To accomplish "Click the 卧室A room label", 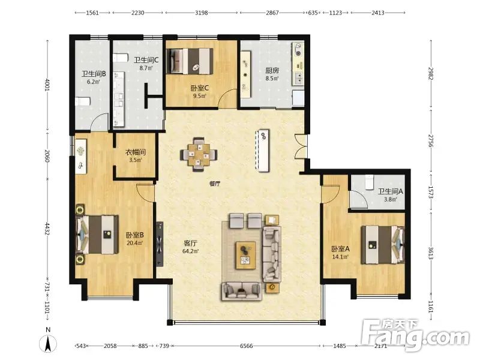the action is coord(340,249).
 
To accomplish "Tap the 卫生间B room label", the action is coord(94,74).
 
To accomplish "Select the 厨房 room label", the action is coord(272,70).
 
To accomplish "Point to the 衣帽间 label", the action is coord(136,152).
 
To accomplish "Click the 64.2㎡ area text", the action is coord(190,251).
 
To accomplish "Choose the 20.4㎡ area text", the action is coord(134,243).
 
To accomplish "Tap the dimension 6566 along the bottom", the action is coord(247,346).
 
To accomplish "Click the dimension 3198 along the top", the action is coord(202,13).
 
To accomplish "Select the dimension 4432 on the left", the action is coord(47,229).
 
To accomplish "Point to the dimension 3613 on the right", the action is coord(431,253).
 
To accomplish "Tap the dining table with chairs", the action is coord(199,154).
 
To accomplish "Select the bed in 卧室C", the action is coord(190,61).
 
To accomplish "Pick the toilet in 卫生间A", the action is coord(370,182).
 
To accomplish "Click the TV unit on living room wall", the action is coord(160,244).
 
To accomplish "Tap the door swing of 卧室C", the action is coord(227,98).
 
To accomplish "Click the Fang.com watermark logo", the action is coord(416,336).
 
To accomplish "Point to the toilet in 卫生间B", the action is coord(83,101).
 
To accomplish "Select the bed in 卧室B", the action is coord(97,235).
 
